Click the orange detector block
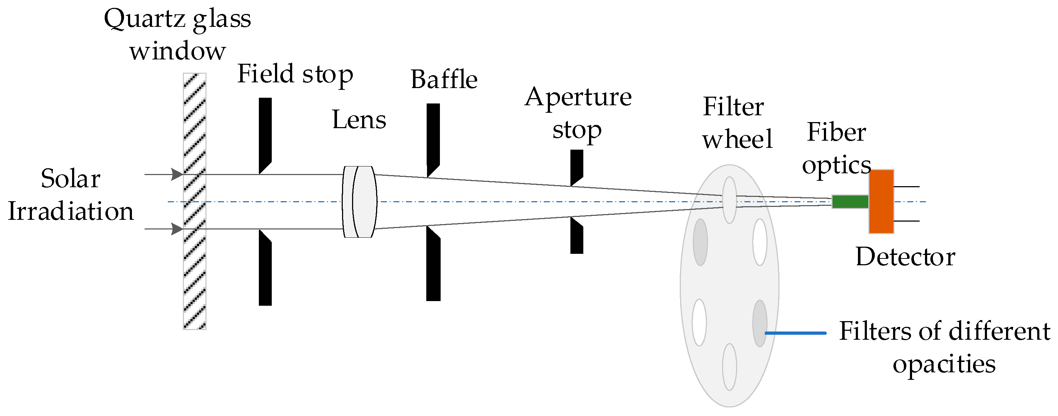pyautogui.click(x=881, y=202)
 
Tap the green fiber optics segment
pyautogui.click(x=850, y=202)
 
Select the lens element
pyautogui.click(x=360, y=202)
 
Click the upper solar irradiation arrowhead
pyautogui.click(x=177, y=174)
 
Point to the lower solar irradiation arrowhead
pyautogui.click(x=177, y=229)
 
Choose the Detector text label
pyautogui.click(x=905, y=257)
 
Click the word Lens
pyautogui.click(x=359, y=120)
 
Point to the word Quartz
pyautogui.click(x=143, y=19)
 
